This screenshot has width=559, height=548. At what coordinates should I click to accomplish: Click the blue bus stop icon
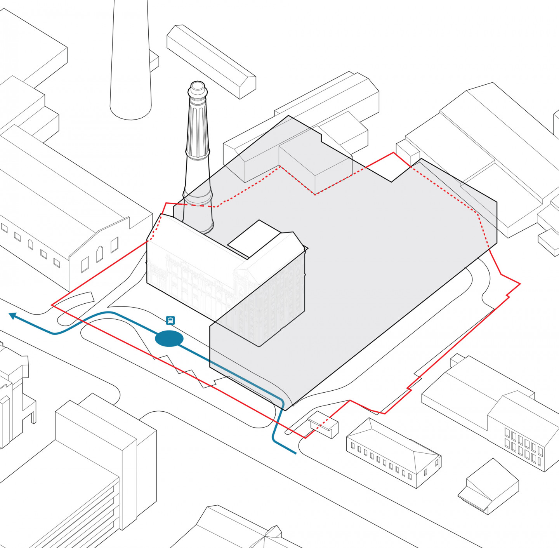[170, 320]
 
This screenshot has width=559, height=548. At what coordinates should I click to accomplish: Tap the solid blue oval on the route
[169, 339]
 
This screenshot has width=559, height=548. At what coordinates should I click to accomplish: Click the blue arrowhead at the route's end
[13, 316]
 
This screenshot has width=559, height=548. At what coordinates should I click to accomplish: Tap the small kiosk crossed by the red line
[323, 424]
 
